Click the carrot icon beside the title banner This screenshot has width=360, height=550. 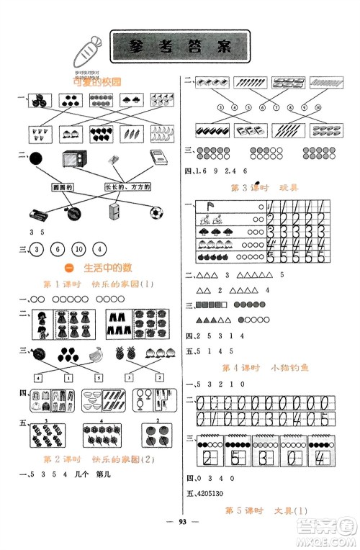tap(85, 55)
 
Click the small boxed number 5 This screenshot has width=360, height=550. tap(96, 377)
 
